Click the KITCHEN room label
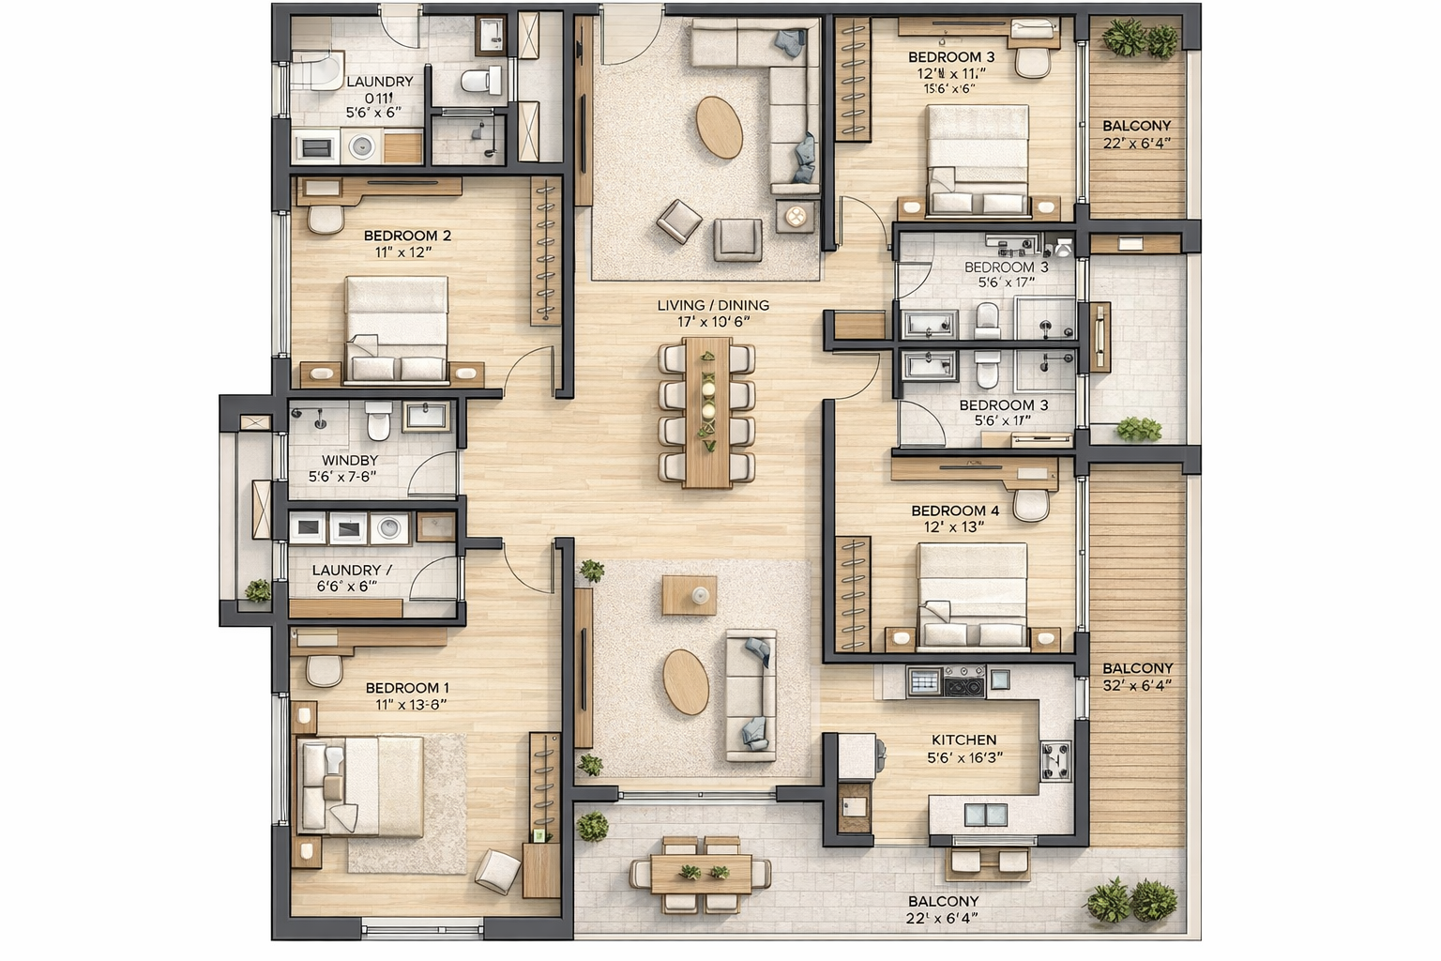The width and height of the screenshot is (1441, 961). click(963, 740)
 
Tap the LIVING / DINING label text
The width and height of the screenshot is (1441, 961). click(713, 305)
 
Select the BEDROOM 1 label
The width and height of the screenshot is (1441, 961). click(407, 688)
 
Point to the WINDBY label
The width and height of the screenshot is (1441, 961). click(349, 460)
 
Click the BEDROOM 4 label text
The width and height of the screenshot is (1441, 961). click(955, 511)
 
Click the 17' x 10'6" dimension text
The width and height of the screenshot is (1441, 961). click(713, 322)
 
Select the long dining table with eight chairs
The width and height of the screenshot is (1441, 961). click(707, 412)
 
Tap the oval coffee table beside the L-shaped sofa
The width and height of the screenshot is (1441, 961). click(719, 128)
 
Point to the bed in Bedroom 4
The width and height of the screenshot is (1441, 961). click(972, 595)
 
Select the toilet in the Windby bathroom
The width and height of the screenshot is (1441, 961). click(378, 420)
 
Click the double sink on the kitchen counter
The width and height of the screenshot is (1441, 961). click(985, 814)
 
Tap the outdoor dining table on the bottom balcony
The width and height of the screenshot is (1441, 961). click(701, 874)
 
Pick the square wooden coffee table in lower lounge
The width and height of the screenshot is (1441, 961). click(690, 595)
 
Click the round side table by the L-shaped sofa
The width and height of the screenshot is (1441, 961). click(796, 218)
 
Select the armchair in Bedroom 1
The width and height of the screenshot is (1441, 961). click(498, 872)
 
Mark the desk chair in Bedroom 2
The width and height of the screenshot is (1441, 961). click(326, 219)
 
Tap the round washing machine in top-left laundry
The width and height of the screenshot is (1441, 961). click(361, 146)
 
